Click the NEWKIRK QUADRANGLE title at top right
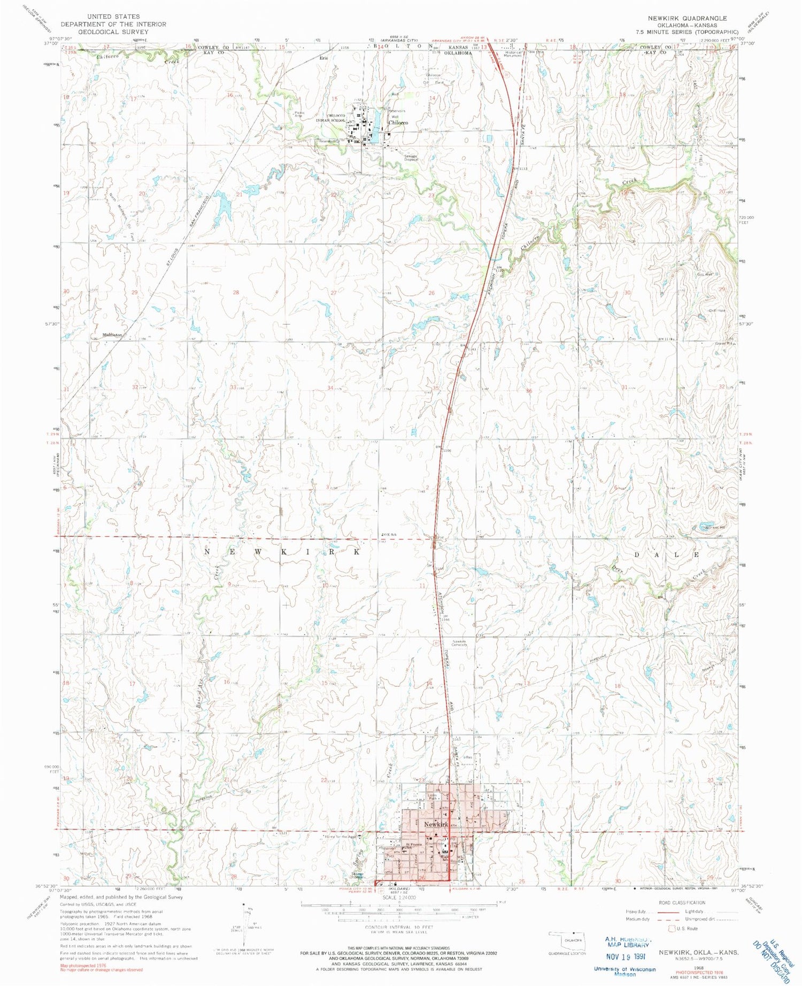pyautogui.click(x=687, y=18)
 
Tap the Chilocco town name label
pyautogui.click(x=398, y=123)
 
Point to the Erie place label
pyautogui.click(x=323, y=58)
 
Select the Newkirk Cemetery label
pyautogui.click(x=460, y=643)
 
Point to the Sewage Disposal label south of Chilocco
pyautogui.click(x=411, y=158)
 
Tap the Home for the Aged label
pyautogui.click(x=341, y=836)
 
